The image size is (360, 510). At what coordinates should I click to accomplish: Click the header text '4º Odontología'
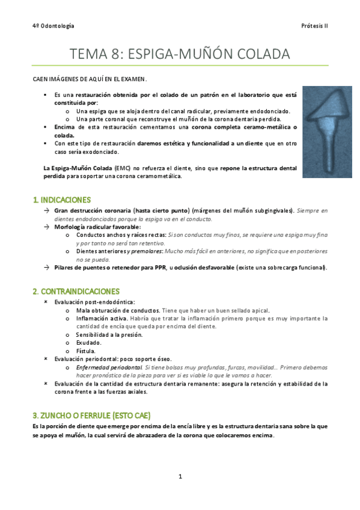pyautogui.click(x=53, y=26)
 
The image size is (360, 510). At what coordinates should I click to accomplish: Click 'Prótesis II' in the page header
pyautogui.click(x=314, y=26)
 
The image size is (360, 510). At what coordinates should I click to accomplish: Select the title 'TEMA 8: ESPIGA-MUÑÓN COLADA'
pyautogui.click(x=180, y=54)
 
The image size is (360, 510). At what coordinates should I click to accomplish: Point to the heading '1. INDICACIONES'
pyautogui.click(x=62, y=199)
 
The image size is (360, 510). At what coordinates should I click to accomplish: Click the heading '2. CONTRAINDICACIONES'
pyautogui.click(x=76, y=291)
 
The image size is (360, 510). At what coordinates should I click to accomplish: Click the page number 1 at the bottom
pyautogui.click(x=180, y=477)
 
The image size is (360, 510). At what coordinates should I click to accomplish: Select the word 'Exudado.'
pyautogui.click(x=89, y=342)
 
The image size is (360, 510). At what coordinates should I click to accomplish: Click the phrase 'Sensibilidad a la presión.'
pyautogui.click(x=109, y=334)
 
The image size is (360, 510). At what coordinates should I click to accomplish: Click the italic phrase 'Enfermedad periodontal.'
pyautogui.click(x=109, y=367)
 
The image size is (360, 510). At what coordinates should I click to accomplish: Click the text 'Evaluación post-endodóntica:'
pyautogui.click(x=94, y=302)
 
